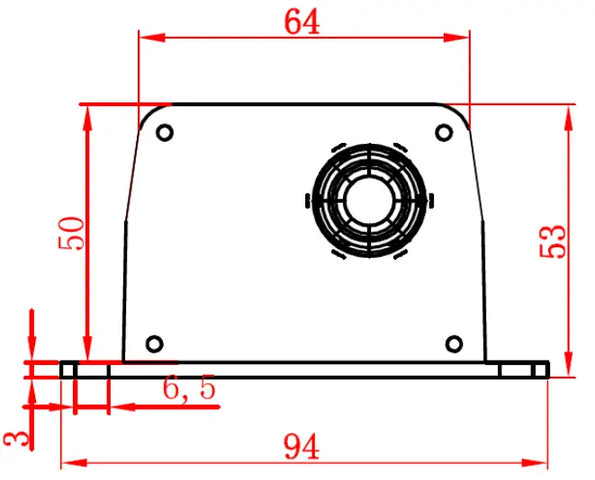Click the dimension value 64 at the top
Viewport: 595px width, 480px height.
[x=302, y=22]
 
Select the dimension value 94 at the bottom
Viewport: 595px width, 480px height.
[x=302, y=445]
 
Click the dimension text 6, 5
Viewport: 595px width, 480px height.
[x=189, y=388]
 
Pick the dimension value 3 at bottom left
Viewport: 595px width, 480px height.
[x=15, y=438]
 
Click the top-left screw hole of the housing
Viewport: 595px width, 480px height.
[x=165, y=133]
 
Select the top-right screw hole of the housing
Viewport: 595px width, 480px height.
[x=443, y=133]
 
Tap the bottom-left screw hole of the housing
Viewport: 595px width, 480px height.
[x=154, y=342]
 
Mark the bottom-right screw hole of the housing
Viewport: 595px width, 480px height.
[x=455, y=342]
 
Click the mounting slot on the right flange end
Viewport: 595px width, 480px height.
[x=523, y=369]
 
